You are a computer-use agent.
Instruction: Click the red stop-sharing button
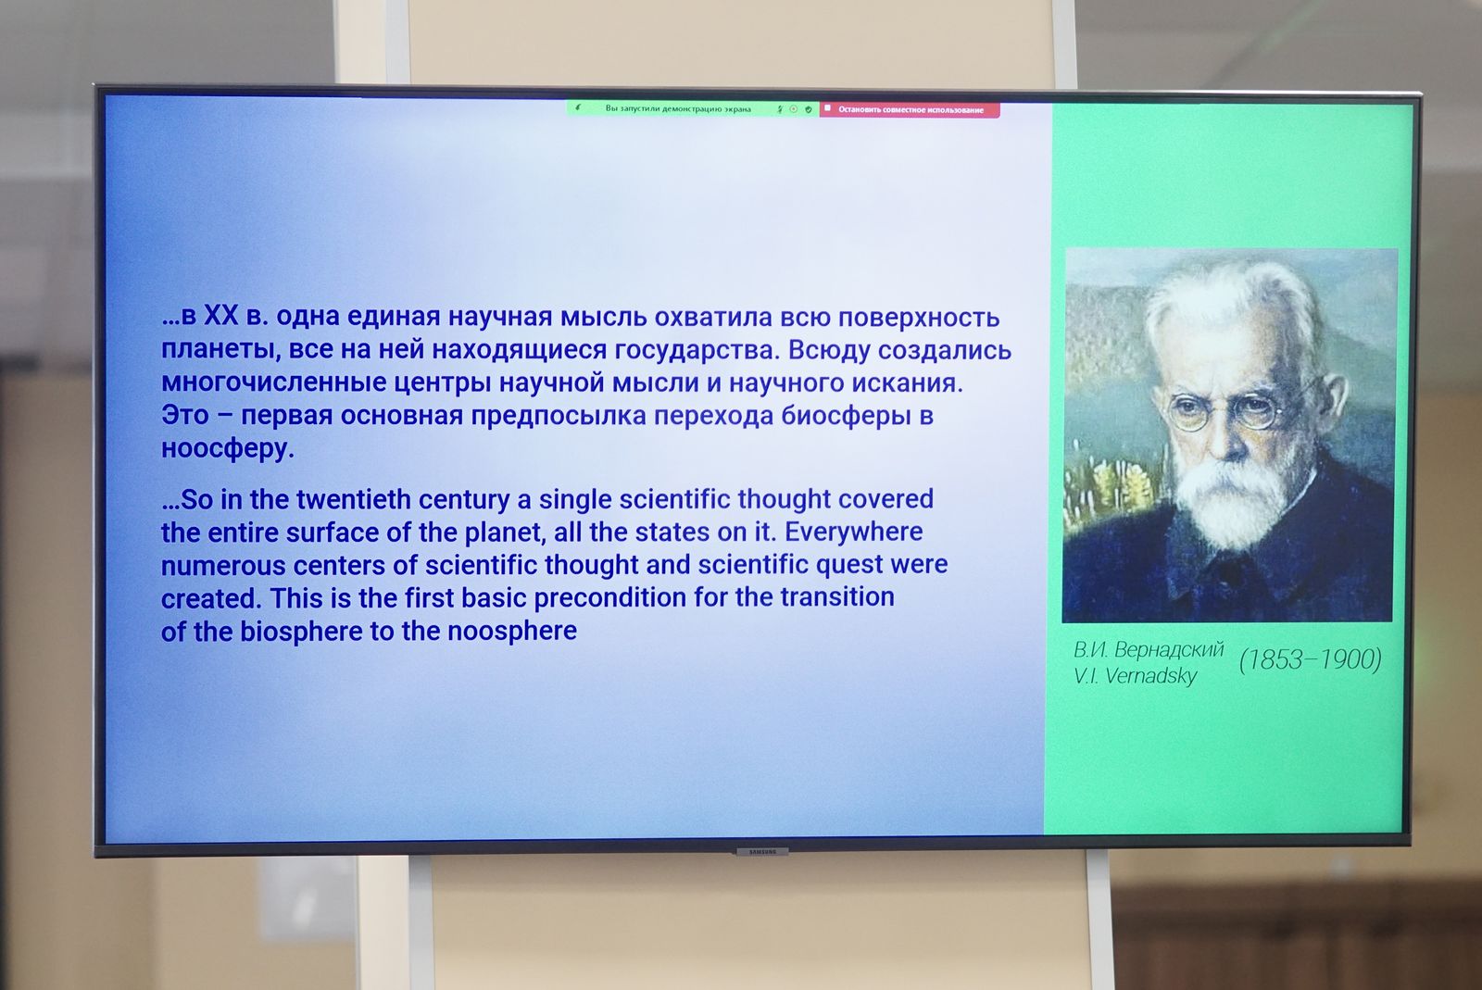coord(910,110)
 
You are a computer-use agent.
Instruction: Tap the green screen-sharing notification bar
coord(693,108)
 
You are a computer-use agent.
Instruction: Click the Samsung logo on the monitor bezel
coord(762,852)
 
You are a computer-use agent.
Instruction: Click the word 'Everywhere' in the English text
coord(853,532)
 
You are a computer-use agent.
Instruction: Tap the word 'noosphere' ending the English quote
coord(512,631)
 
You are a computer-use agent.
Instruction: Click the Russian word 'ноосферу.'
coord(228,448)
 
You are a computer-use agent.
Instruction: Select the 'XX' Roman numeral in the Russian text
coord(220,316)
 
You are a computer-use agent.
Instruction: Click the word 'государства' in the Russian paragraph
coord(697,350)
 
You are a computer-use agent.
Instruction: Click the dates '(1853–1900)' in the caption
coord(1311,659)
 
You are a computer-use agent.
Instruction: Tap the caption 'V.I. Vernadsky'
coord(1136,676)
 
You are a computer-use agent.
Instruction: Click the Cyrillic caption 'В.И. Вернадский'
coord(1149,650)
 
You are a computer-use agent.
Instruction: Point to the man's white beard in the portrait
coord(1232,503)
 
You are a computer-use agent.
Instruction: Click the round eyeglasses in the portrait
coord(1224,411)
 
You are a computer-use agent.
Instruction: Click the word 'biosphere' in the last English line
coord(301,632)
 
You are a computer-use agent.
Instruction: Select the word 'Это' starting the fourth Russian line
coord(185,415)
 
